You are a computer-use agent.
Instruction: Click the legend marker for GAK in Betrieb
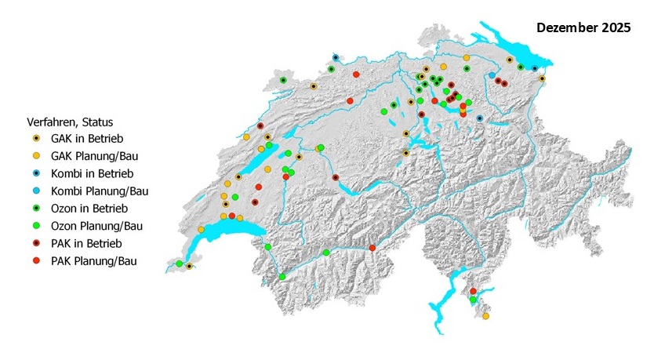point(36,139)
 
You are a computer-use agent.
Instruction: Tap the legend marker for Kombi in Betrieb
point(36,173)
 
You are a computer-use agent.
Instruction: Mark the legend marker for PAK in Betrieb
point(36,243)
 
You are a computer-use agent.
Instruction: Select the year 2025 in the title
point(616,28)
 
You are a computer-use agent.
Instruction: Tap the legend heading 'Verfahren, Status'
point(70,122)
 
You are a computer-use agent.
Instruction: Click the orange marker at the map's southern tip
point(485,316)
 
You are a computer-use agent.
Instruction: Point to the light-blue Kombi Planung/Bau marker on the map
point(492,75)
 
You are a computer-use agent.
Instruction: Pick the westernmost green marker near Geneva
point(180,264)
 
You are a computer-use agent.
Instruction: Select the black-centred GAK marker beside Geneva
point(189,266)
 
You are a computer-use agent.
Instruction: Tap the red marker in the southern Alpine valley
point(374,249)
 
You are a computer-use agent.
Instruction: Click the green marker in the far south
point(473,300)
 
